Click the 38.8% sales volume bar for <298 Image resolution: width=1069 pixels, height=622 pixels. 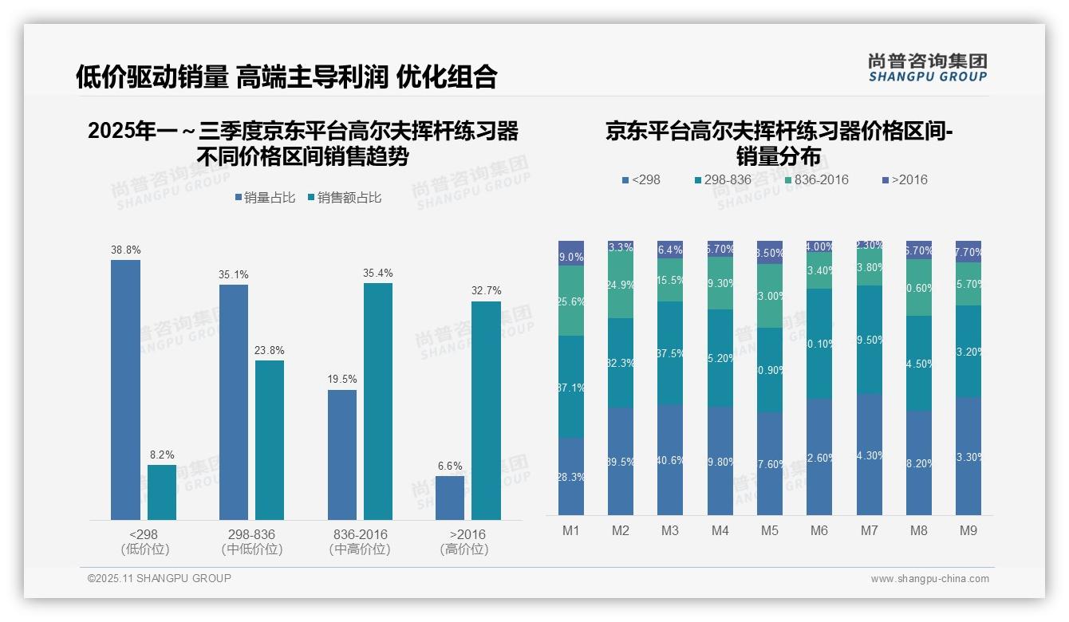pos(125,390)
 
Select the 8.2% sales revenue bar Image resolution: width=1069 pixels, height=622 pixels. pos(162,493)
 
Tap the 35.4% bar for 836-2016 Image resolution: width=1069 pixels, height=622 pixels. pos(378,401)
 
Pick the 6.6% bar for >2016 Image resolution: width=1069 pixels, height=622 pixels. pos(450,498)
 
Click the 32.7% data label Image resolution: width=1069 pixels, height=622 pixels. pos(486,291)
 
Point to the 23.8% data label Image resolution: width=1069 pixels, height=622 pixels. pos(270,350)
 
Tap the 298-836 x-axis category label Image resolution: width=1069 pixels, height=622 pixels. pos(251,534)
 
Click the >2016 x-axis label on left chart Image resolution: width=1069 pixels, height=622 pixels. pos(467,534)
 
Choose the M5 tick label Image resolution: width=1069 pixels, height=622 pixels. pos(769,530)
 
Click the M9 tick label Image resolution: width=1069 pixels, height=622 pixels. pos(968,530)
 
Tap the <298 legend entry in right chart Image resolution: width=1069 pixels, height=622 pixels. pos(641,179)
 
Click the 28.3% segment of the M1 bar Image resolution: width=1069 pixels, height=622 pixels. pos(571,476)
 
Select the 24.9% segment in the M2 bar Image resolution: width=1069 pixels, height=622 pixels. pos(621,285)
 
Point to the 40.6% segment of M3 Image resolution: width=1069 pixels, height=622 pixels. pos(670,459)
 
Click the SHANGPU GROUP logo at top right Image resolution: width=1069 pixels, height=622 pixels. pos(927,68)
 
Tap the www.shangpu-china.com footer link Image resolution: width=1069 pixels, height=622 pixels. pos(929,579)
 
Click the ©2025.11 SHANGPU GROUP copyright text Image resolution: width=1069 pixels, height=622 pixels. pos(160,578)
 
